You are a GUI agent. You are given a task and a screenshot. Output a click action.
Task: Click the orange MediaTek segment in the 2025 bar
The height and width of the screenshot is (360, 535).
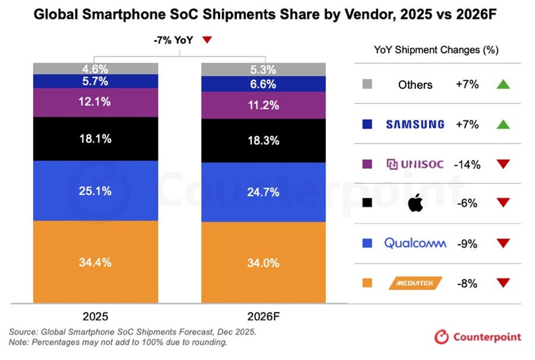(x=95, y=261)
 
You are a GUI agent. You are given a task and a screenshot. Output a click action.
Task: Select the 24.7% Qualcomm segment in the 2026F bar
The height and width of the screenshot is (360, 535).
(x=263, y=191)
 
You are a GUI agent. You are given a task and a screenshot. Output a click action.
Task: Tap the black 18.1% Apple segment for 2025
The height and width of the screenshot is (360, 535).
(x=95, y=138)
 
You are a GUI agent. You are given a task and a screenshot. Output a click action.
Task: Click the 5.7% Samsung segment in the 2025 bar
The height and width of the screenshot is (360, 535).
(x=95, y=81)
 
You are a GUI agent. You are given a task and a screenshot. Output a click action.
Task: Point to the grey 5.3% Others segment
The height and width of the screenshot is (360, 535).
(x=263, y=69)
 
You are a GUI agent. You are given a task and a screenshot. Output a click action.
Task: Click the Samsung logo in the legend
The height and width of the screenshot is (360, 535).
(x=415, y=124)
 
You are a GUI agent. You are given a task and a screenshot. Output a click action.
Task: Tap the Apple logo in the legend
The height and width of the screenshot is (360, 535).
(x=415, y=203)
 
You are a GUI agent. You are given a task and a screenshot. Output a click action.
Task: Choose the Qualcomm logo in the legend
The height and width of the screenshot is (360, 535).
(x=415, y=243)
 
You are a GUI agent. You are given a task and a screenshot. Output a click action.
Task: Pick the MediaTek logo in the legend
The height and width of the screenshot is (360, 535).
(x=415, y=283)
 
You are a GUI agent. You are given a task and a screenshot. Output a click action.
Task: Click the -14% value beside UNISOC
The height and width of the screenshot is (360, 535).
(x=467, y=164)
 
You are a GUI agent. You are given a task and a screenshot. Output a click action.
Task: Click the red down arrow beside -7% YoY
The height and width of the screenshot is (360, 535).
(x=207, y=40)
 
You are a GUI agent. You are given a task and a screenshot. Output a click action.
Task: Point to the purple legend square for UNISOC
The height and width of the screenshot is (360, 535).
(x=367, y=164)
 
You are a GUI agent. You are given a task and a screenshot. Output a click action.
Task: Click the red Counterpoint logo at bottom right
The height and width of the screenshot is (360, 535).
(x=442, y=337)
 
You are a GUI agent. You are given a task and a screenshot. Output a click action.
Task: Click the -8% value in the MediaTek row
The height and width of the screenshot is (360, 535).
(x=467, y=283)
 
